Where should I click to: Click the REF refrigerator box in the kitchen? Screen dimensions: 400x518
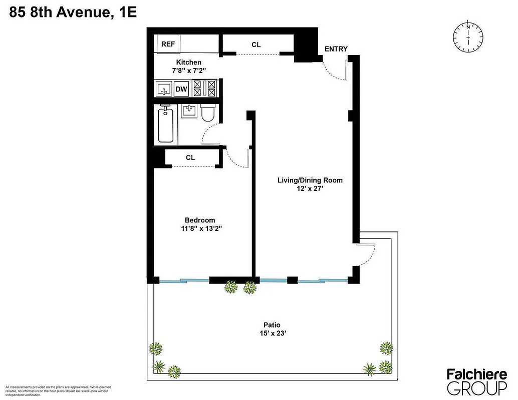(x=168, y=44)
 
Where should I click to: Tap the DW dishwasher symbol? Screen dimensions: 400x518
(x=181, y=89)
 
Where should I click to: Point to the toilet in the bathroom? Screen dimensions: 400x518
(x=207, y=114)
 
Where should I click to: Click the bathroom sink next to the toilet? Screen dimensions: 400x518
(x=189, y=111)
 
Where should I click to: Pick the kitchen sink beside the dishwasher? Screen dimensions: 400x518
(x=163, y=89)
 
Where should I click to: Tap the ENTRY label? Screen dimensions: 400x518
(x=336, y=48)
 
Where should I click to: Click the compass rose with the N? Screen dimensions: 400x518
(x=468, y=37)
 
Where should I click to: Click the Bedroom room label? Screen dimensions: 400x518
(x=200, y=220)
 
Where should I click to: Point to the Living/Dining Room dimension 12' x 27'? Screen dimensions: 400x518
(x=310, y=189)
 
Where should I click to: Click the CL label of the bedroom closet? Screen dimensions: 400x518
(x=190, y=157)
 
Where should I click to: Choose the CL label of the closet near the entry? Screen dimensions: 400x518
(x=256, y=44)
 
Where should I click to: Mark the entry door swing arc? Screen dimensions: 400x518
(x=333, y=70)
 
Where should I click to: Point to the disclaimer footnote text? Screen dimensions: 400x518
(x=58, y=391)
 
